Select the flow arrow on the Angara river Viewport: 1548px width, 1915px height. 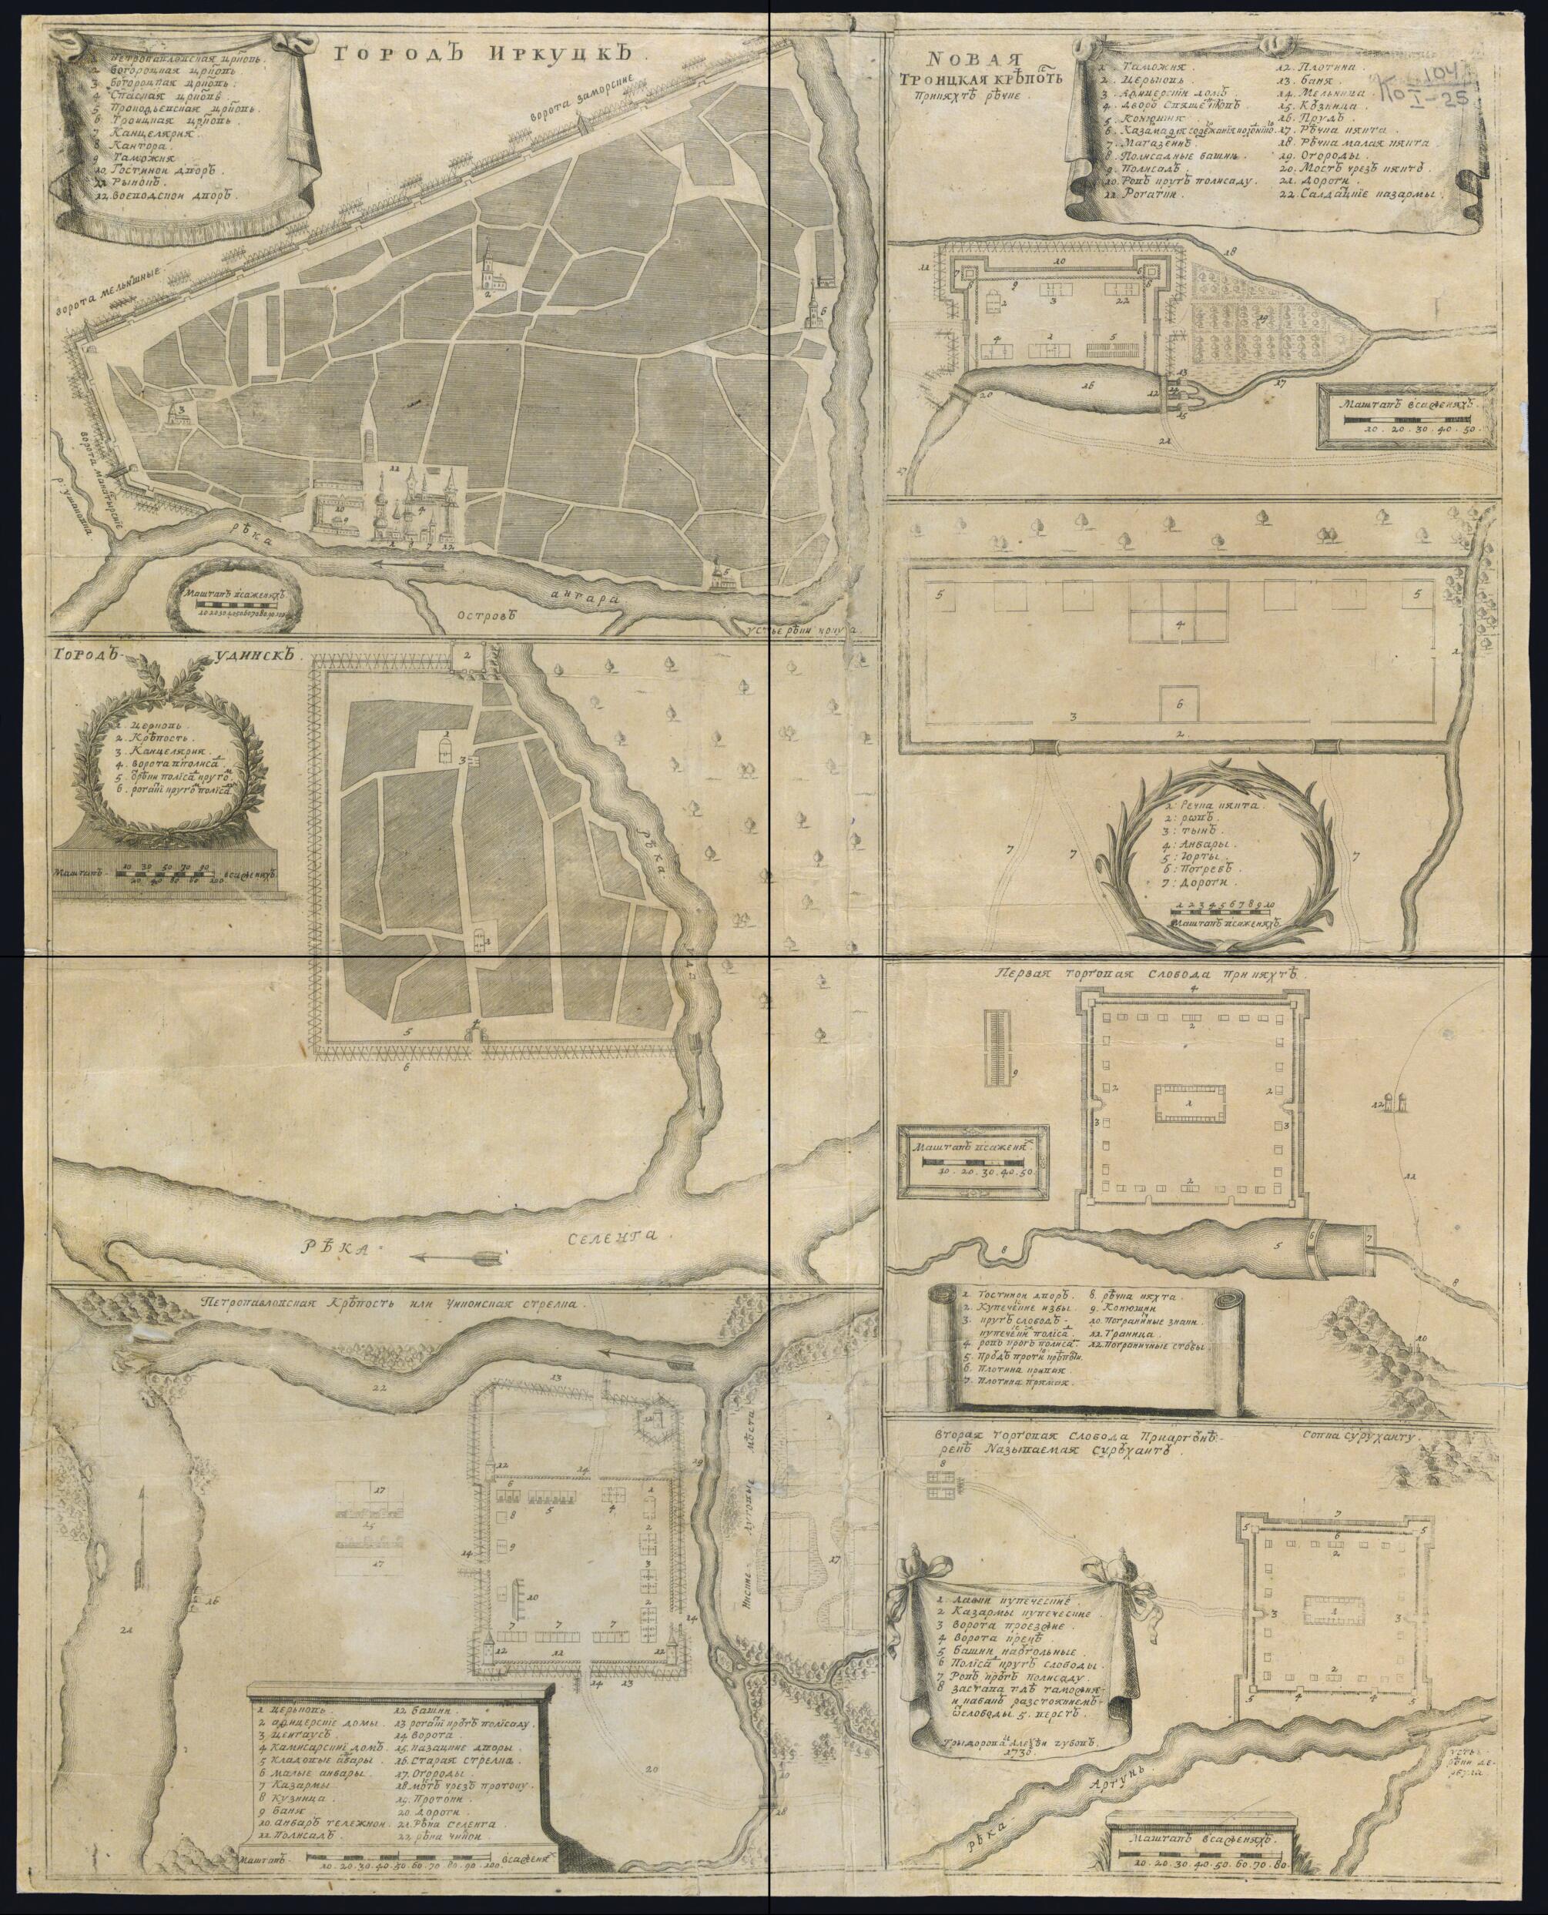(408, 564)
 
